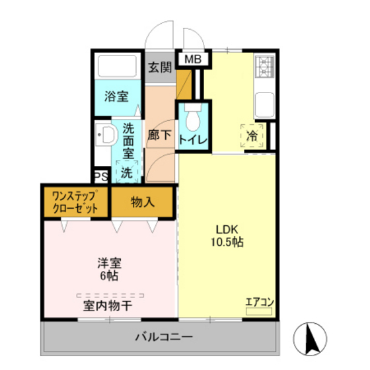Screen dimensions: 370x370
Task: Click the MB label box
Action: [x=193, y=59]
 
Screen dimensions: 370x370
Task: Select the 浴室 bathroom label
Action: [x=116, y=96]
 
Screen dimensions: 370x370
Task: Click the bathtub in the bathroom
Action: [x=117, y=67]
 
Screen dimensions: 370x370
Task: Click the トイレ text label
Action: [x=193, y=139]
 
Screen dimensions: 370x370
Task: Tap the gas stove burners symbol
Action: [x=264, y=65]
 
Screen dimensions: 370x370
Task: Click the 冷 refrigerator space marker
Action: [x=252, y=135]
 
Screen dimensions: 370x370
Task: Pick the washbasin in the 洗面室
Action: [x=106, y=137]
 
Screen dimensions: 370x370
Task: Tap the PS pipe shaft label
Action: [x=100, y=177]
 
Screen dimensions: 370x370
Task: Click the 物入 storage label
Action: [x=143, y=202]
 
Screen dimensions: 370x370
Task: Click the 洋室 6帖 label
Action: [x=109, y=268]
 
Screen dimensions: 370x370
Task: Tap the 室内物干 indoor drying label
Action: [x=109, y=306]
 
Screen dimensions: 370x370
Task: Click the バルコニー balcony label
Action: [x=163, y=337]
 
